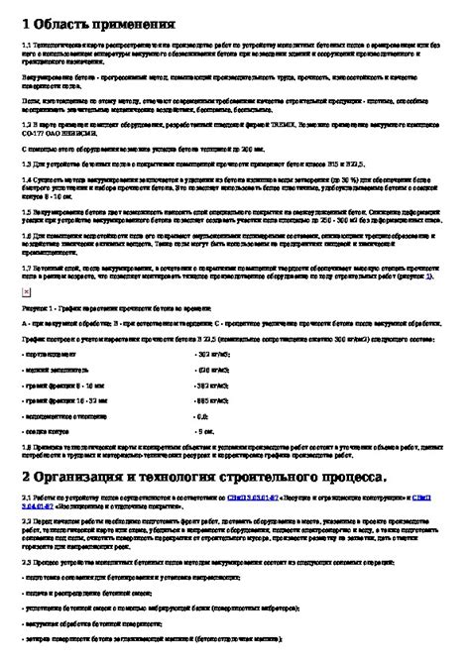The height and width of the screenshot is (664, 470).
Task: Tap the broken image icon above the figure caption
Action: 26,294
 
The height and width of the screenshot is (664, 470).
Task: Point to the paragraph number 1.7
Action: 26,268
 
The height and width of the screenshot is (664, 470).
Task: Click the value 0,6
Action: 202,417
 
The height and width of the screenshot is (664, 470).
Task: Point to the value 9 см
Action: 204,432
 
